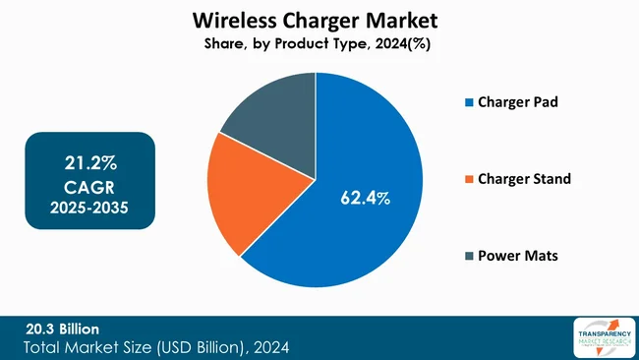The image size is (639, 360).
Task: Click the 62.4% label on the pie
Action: tap(365, 198)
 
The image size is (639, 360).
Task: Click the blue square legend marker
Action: tap(469, 102)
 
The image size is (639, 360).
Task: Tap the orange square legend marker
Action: tap(469, 179)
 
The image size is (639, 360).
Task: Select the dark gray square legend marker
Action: tap(469, 257)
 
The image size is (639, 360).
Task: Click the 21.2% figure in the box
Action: tap(89, 161)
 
